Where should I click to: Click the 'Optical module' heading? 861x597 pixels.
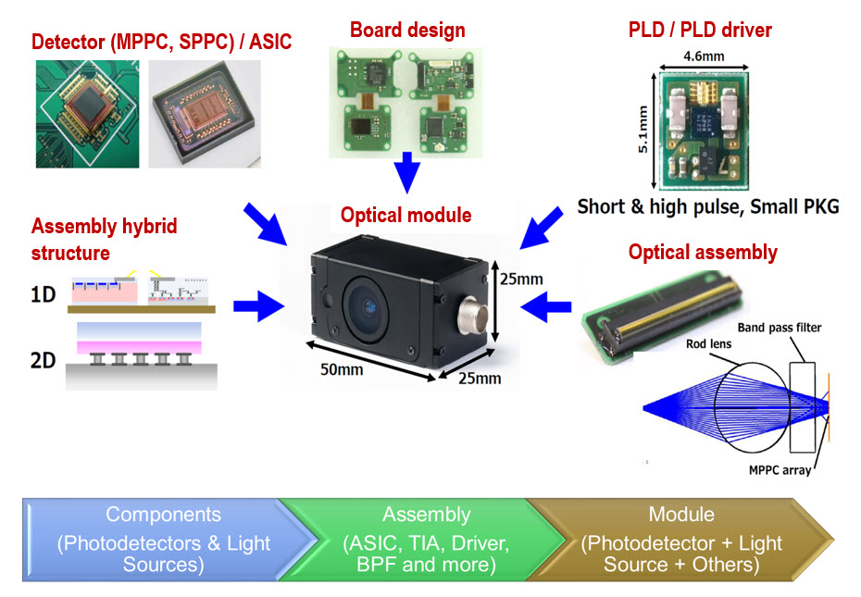[406, 216]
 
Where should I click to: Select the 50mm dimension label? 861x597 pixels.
[342, 368]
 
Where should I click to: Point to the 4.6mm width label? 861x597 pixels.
[705, 56]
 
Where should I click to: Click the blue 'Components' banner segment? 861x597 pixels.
[163, 540]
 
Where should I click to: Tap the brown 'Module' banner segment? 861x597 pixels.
[680, 540]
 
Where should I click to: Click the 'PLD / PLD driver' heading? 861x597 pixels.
[699, 30]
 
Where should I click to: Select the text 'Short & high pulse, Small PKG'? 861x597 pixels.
[707, 206]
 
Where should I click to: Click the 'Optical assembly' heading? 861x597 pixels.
[703, 252]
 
